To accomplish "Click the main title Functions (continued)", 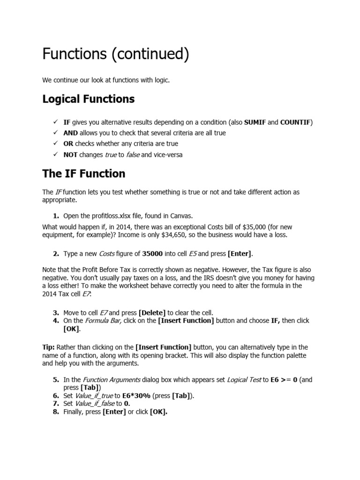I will [116, 55].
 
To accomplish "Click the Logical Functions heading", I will [89, 99].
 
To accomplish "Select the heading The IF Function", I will [84, 173].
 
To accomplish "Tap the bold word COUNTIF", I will [296, 122].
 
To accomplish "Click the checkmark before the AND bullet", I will [55, 133].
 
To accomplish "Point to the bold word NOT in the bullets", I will [70, 155].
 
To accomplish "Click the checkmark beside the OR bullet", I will [55, 144].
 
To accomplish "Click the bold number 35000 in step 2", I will [152, 254].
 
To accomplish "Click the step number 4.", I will [56, 321].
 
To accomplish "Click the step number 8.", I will [56, 412].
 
